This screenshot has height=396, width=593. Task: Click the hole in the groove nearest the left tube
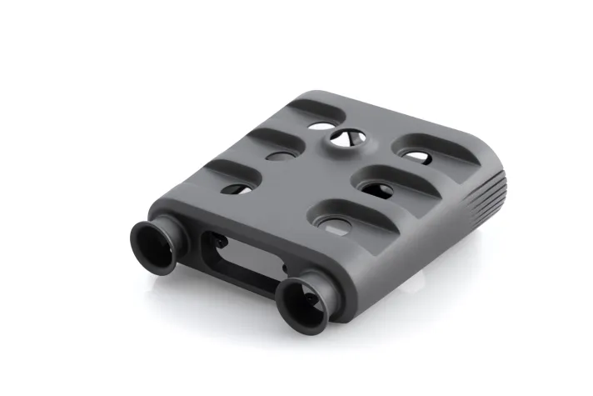point(237,188)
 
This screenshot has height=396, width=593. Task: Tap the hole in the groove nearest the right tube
point(336,223)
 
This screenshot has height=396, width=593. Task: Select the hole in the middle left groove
point(279,156)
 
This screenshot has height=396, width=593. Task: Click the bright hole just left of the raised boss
point(317,128)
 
